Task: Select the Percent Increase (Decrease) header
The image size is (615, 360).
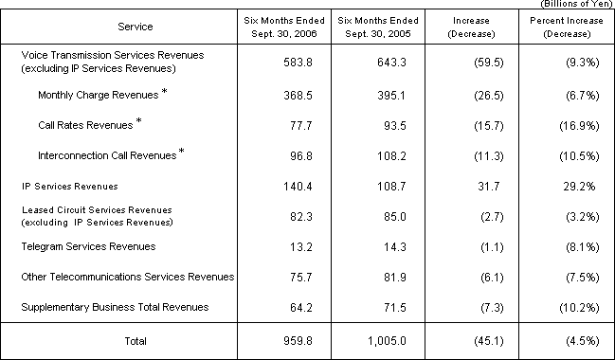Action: tap(564, 26)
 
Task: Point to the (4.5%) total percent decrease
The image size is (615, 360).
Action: tap(564, 340)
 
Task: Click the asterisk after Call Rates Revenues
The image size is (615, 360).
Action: tap(139, 121)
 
